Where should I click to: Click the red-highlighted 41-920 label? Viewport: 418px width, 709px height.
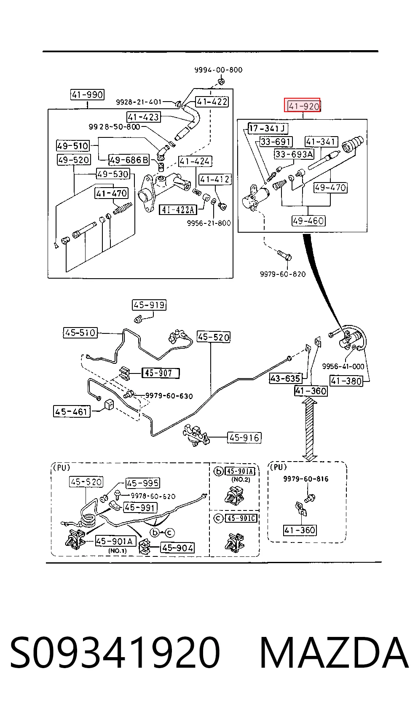[302, 105]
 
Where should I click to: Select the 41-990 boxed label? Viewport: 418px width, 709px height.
[87, 95]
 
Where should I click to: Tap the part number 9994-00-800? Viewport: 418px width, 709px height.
[218, 70]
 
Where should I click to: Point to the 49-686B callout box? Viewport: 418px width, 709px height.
[129, 160]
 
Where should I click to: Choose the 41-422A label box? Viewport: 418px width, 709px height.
[178, 209]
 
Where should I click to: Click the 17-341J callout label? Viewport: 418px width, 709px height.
[268, 128]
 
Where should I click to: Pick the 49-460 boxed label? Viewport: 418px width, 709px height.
[308, 220]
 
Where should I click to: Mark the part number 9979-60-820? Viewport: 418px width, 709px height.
[283, 274]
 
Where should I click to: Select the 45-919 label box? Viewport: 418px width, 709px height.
[149, 305]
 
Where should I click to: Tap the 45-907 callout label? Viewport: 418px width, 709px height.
[161, 373]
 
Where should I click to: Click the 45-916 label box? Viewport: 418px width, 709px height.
[244, 438]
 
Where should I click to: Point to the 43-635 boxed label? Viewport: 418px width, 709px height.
[286, 378]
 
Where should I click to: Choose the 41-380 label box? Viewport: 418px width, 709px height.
[346, 381]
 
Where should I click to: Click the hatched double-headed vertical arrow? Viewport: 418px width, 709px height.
[310, 429]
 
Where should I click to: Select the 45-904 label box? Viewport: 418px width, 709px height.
[177, 548]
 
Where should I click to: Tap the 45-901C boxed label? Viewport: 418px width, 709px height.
[241, 518]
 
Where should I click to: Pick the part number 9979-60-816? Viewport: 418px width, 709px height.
[305, 479]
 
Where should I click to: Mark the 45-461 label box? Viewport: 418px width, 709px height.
[72, 411]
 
